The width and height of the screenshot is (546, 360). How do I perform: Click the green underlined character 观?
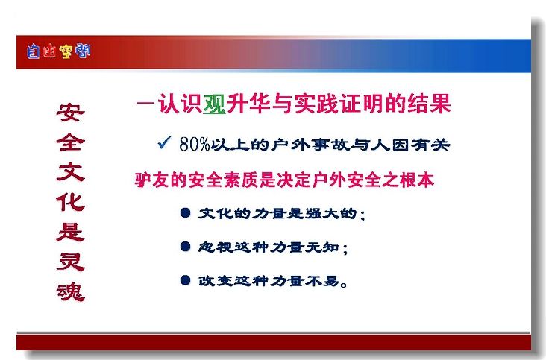point(214,104)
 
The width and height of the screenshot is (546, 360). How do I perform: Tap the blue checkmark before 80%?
point(164,142)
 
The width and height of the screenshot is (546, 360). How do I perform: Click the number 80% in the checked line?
point(195,144)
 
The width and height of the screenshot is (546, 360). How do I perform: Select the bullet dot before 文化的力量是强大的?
point(186,213)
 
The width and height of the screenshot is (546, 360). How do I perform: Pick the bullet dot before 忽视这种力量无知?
point(186,247)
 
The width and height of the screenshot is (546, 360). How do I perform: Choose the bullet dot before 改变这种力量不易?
point(186,280)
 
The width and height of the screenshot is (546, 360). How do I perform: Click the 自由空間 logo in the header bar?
point(58,51)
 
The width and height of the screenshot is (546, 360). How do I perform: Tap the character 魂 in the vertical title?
point(71,292)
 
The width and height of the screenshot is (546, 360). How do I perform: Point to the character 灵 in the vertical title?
point(71,262)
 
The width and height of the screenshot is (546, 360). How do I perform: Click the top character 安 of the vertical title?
point(71,113)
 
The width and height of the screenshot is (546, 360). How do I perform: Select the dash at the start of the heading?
point(145,104)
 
